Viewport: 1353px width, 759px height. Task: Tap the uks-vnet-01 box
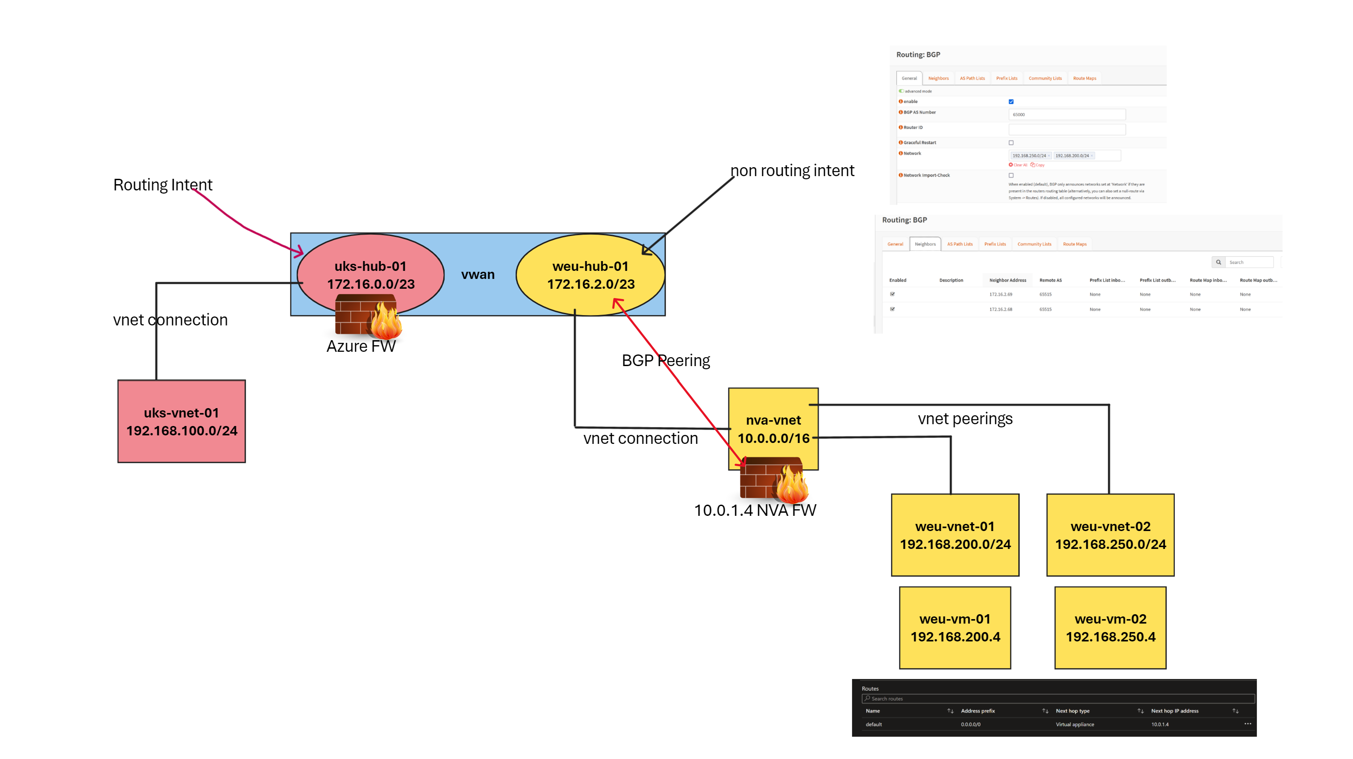pyautogui.click(x=181, y=421)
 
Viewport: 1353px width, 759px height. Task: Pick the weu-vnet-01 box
pyautogui.click(x=955, y=535)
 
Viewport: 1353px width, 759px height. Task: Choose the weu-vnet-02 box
pyautogui.click(x=1110, y=535)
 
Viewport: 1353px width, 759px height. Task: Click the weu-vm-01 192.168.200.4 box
pyautogui.click(x=955, y=628)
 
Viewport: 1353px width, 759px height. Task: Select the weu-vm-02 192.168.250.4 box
pyautogui.click(x=1110, y=628)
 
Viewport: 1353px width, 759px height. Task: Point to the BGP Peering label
pyautogui.click(x=665, y=360)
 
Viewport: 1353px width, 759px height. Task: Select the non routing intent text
pyautogui.click(x=792, y=171)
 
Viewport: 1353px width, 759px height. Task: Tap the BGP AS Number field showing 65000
pyautogui.click(x=1066, y=114)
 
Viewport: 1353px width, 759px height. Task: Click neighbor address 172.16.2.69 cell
pyautogui.click(x=1000, y=295)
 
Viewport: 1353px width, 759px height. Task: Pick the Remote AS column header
pyautogui.click(x=1050, y=280)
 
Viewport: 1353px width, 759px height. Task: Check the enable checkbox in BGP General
pyautogui.click(x=1011, y=102)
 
